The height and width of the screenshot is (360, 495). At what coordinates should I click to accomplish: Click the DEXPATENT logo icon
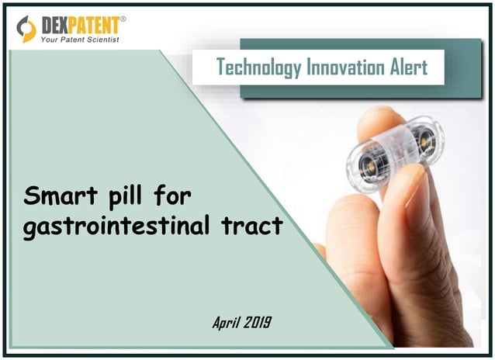[26, 28]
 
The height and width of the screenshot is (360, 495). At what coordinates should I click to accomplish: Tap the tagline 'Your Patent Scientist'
[79, 40]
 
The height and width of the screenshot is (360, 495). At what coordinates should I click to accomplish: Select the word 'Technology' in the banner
[254, 67]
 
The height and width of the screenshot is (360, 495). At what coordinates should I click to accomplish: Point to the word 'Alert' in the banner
[406, 67]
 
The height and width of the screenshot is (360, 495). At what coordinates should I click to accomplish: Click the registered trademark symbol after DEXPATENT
[122, 18]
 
